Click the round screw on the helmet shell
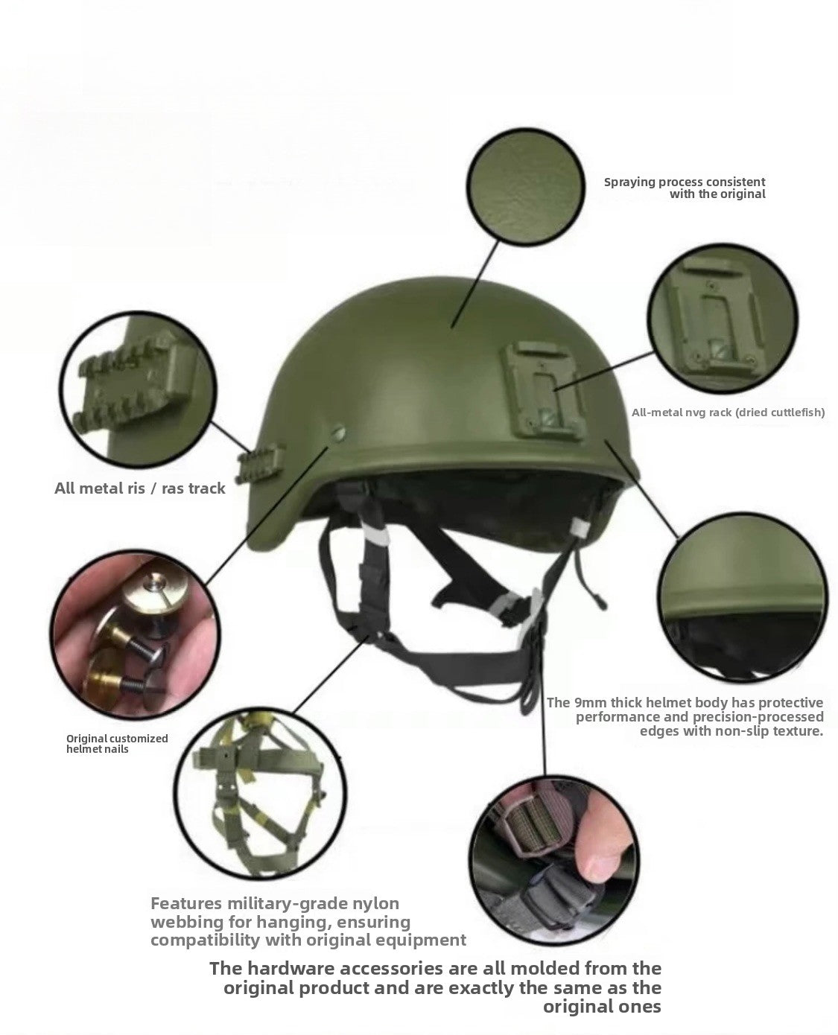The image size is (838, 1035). pos(339,431)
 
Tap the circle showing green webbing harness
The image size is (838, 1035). pos(256,789)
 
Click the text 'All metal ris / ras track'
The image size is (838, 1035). pos(140,489)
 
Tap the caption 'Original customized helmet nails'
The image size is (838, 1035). pos(117,744)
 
